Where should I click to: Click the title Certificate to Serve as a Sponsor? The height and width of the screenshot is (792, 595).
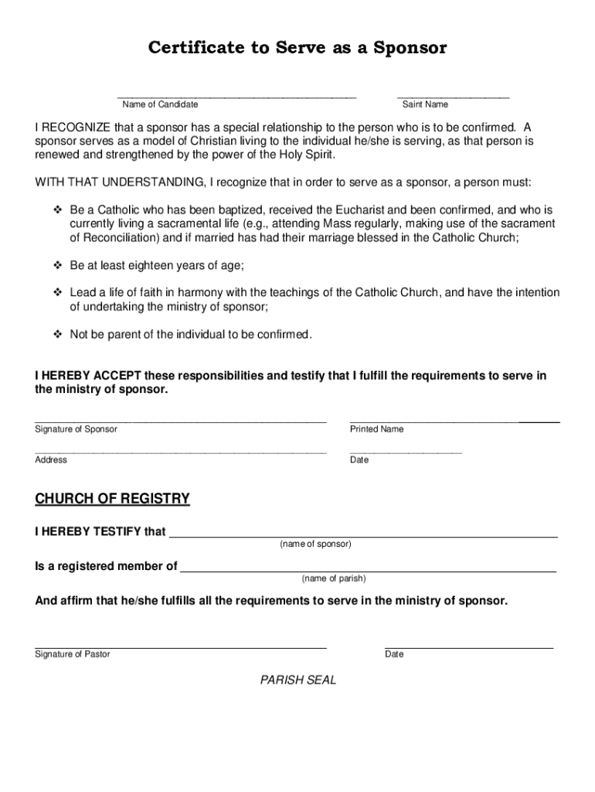[x=297, y=48]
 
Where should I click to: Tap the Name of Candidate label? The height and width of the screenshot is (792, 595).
[x=160, y=104]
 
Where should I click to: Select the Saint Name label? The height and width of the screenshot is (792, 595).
[x=425, y=104]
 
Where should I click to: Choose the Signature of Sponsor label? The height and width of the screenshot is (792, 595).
[x=76, y=429]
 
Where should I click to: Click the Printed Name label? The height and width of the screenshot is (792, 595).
[x=376, y=429]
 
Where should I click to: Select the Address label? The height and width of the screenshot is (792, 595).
[x=51, y=460]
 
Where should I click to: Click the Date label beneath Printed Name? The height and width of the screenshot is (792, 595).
[x=359, y=460]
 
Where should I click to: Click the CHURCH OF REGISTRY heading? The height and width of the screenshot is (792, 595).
[x=112, y=499]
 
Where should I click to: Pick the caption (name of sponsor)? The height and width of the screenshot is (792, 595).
[x=315, y=544]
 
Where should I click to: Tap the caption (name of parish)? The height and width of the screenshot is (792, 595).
[x=334, y=579]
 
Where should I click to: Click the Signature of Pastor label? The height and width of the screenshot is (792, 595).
[x=73, y=654]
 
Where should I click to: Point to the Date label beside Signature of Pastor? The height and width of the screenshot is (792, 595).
[x=394, y=654]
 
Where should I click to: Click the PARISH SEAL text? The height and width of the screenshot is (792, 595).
[x=298, y=681]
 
